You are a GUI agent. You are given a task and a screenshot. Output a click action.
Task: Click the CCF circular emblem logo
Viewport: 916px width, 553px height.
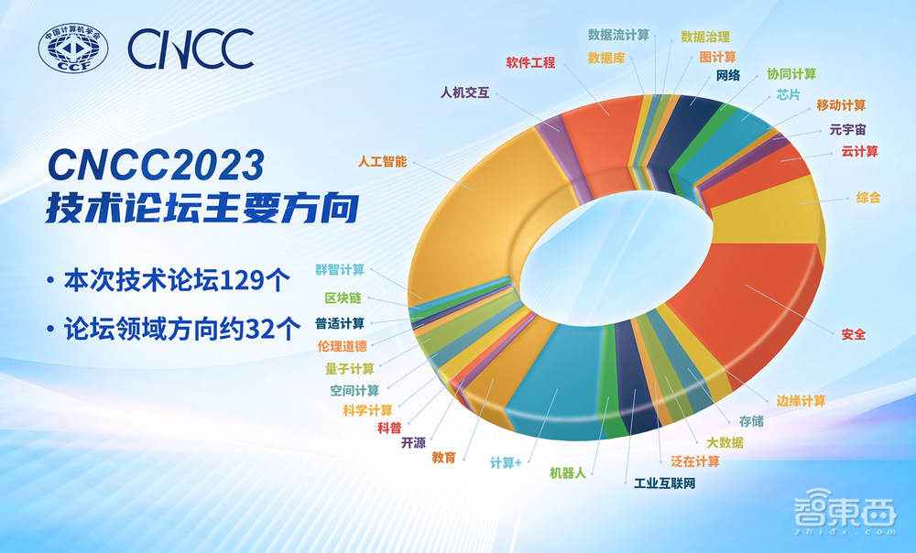tap(73, 50)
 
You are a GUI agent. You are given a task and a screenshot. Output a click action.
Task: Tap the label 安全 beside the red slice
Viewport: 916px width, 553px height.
tap(853, 334)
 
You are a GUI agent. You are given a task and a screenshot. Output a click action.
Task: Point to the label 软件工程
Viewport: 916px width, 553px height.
tap(530, 63)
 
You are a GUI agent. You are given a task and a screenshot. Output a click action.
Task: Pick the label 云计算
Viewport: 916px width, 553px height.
tap(860, 151)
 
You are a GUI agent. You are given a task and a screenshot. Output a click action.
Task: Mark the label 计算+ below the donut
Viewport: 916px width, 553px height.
tap(506, 462)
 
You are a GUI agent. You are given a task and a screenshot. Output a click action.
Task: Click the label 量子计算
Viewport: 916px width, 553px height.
tap(349, 368)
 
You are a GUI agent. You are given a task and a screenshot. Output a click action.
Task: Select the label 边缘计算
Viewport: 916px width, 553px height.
tap(801, 400)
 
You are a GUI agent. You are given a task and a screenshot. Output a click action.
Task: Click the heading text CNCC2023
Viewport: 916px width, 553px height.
tap(155, 165)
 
